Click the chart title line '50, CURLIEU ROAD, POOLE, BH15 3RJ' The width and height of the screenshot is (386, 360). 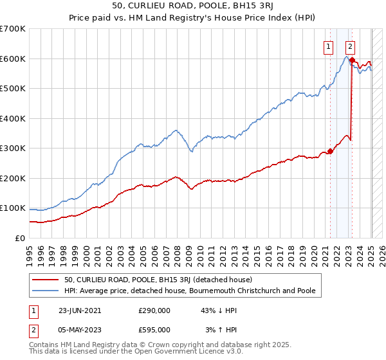click(x=193, y=7)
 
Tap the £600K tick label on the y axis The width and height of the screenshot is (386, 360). click(x=13, y=59)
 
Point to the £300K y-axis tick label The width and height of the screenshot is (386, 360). click(x=13, y=148)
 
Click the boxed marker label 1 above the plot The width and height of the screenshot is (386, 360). click(x=328, y=46)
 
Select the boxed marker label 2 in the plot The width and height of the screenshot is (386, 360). click(x=350, y=46)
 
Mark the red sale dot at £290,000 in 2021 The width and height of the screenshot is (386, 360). click(x=330, y=152)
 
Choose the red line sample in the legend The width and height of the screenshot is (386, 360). click(x=46, y=280)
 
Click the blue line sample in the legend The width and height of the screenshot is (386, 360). click(x=46, y=291)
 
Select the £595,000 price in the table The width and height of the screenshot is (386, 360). click(x=154, y=330)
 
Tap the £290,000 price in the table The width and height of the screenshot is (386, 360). click(x=154, y=310)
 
